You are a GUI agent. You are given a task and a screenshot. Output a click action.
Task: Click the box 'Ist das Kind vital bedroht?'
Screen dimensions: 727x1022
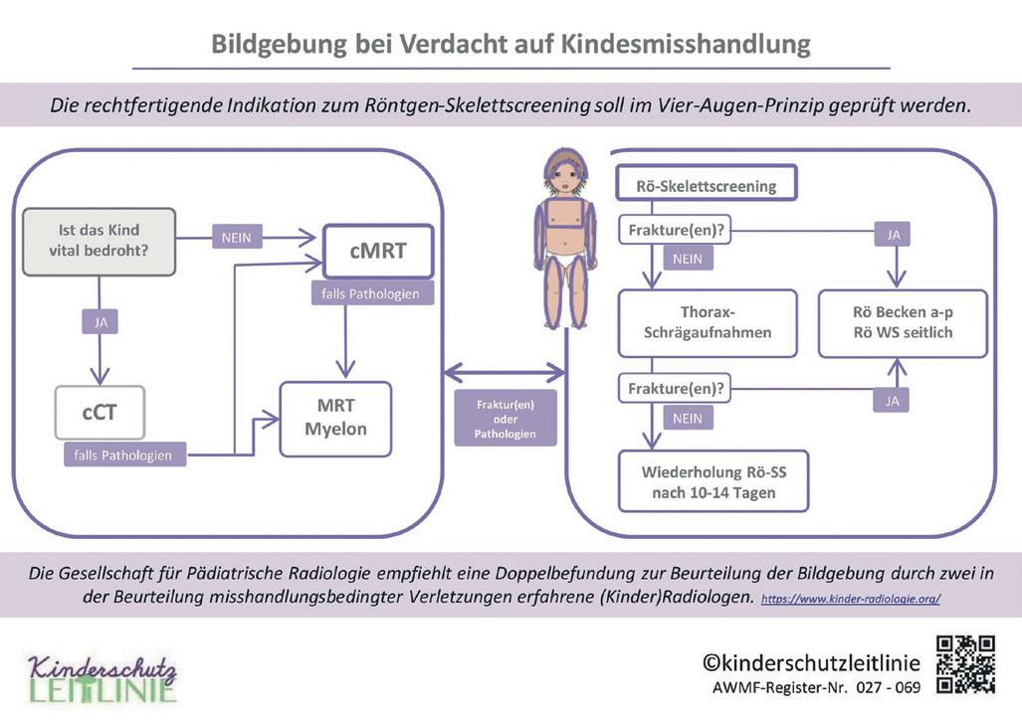tap(99, 241)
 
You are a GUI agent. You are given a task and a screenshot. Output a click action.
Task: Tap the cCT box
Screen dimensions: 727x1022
tap(100, 412)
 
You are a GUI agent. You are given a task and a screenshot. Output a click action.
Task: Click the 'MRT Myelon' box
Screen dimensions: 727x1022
tap(335, 419)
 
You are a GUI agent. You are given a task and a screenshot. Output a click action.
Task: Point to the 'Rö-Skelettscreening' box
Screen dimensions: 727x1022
tap(707, 185)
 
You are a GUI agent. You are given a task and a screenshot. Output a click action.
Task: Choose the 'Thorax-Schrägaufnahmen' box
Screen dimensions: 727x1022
tap(707, 323)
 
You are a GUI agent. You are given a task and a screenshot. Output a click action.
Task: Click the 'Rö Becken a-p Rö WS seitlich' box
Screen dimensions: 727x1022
tap(902, 323)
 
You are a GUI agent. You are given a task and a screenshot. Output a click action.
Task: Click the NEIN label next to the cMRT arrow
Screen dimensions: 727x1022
tap(236, 237)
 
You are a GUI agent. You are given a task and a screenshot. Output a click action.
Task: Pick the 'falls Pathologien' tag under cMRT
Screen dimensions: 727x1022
tap(371, 294)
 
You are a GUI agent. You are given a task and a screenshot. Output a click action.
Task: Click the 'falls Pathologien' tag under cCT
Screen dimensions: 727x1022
tap(122, 455)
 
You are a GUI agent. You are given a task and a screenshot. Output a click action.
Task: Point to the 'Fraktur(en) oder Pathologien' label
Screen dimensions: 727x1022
tap(505, 418)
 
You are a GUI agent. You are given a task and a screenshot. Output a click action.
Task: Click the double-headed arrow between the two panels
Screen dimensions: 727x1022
tap(504, 373)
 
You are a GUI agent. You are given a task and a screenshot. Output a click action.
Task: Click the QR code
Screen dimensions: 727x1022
tap(965, 664)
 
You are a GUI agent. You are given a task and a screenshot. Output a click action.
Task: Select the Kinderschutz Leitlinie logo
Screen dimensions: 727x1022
tap(102, 678)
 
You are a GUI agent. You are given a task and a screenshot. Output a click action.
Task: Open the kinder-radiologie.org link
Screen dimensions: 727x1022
tap(850, 600)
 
